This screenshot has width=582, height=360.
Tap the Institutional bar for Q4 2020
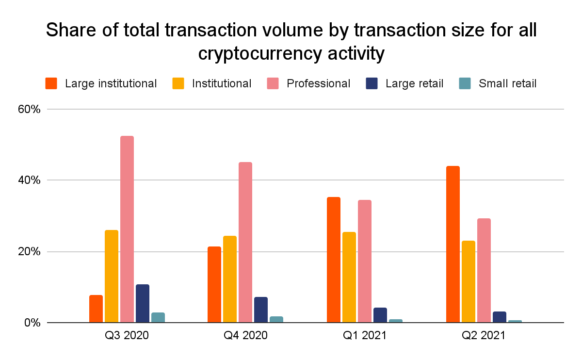point(230,279)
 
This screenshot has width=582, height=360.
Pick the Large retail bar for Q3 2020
point(143,303)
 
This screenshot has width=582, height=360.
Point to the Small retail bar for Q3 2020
point(158,317)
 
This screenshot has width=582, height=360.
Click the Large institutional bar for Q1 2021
point(334,260)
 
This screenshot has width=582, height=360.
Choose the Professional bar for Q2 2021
point(484,270)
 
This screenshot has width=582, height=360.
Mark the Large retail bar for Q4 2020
point(261,310)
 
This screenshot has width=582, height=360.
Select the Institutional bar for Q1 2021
point(349,277)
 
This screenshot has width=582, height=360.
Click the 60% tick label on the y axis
point(30,109)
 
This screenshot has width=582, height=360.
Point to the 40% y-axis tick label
point(30,180)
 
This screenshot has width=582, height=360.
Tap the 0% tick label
point(32,323)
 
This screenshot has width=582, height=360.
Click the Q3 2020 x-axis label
point(128,336)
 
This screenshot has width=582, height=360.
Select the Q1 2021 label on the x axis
point(364,336)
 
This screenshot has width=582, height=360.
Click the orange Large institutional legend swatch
point(51,83)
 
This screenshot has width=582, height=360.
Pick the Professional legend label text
point(318,83)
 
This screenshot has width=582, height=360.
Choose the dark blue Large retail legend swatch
point(372,83)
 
